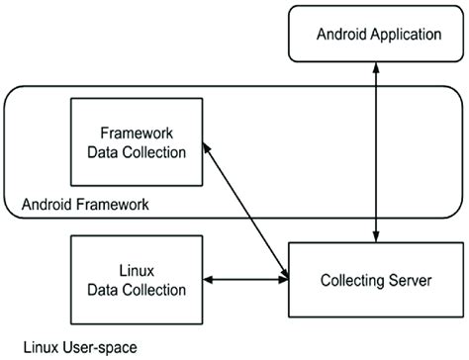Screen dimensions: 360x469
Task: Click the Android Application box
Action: point(377,35)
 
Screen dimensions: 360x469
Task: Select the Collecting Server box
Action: point(377,281)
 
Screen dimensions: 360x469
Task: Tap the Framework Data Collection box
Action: point(138,142)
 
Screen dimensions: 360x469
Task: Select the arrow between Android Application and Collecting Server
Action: point(376,148)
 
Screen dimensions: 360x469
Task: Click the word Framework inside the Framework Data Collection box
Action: point(138,133)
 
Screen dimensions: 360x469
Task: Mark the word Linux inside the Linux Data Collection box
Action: point(138,270)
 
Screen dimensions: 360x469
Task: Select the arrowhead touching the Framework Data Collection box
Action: point(205,146)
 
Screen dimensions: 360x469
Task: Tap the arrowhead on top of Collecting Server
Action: point(376,235)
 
